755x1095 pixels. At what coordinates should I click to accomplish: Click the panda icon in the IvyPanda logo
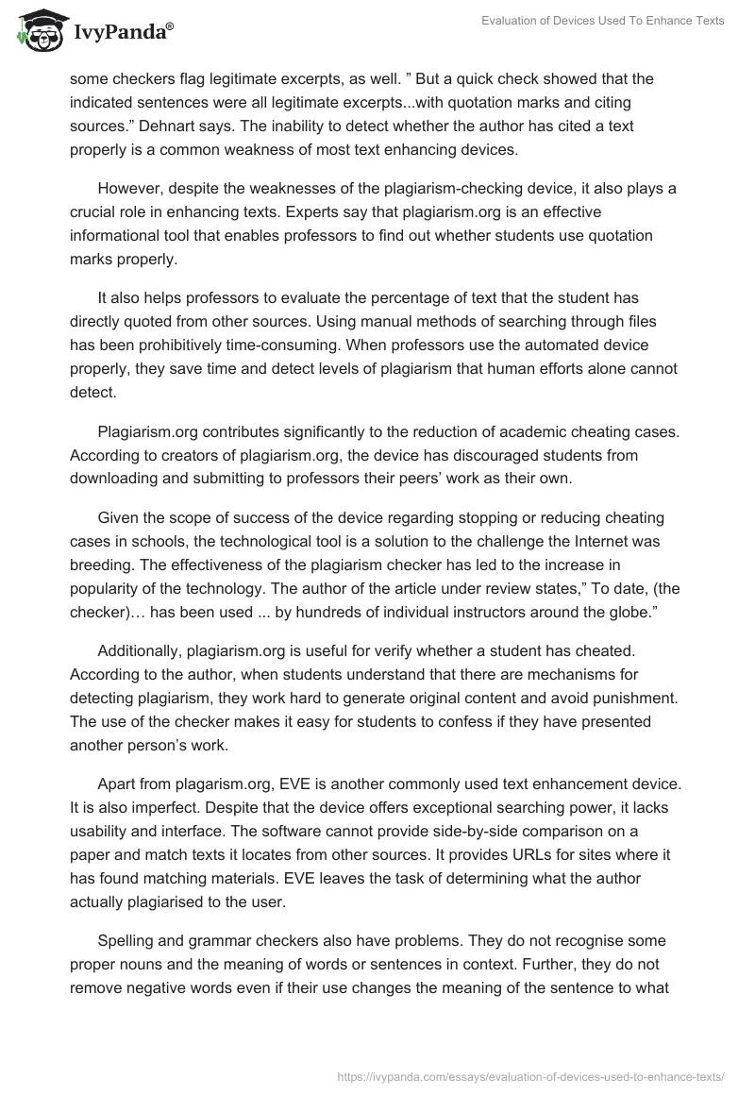coord(36,29)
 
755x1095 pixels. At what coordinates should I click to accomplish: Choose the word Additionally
coord(140,651)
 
